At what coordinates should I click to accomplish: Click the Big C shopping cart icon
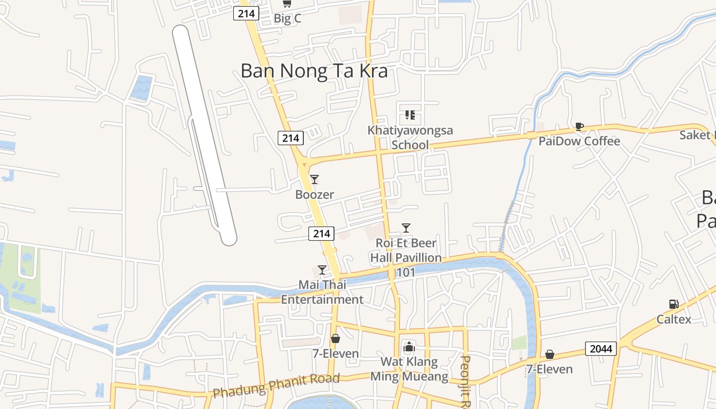tap(287, 4)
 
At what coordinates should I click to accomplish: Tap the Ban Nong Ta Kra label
tap(314, 71)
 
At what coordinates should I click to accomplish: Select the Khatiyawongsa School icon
tap(410, 115)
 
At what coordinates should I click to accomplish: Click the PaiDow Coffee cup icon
tap(579, 126)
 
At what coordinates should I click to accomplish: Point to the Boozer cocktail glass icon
tap(315, 179)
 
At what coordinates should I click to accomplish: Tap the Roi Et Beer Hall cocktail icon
tap(406, 228)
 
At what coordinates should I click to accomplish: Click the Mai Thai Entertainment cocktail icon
tap(322, 270)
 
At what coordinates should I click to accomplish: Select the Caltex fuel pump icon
tap(674, 304)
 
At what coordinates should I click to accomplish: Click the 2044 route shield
tap(601, 349)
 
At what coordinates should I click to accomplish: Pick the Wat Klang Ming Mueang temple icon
tap(409, 347)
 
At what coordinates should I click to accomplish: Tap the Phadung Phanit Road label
tap(276, 385)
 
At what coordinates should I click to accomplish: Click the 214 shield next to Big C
tap(247, 13)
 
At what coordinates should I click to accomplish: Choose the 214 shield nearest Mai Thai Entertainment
tap(321, 234)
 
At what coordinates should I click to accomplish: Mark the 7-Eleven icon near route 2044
tap(550, 354)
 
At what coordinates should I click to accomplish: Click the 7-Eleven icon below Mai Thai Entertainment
tap(335, 338)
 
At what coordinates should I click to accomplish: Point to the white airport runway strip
tap(204, 135)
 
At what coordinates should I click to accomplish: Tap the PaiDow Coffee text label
tap(579, 141)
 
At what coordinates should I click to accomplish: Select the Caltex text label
tap(674, 320)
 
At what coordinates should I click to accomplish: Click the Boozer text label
tap(315, 195)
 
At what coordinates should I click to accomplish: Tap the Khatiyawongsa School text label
tap(410, 138)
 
